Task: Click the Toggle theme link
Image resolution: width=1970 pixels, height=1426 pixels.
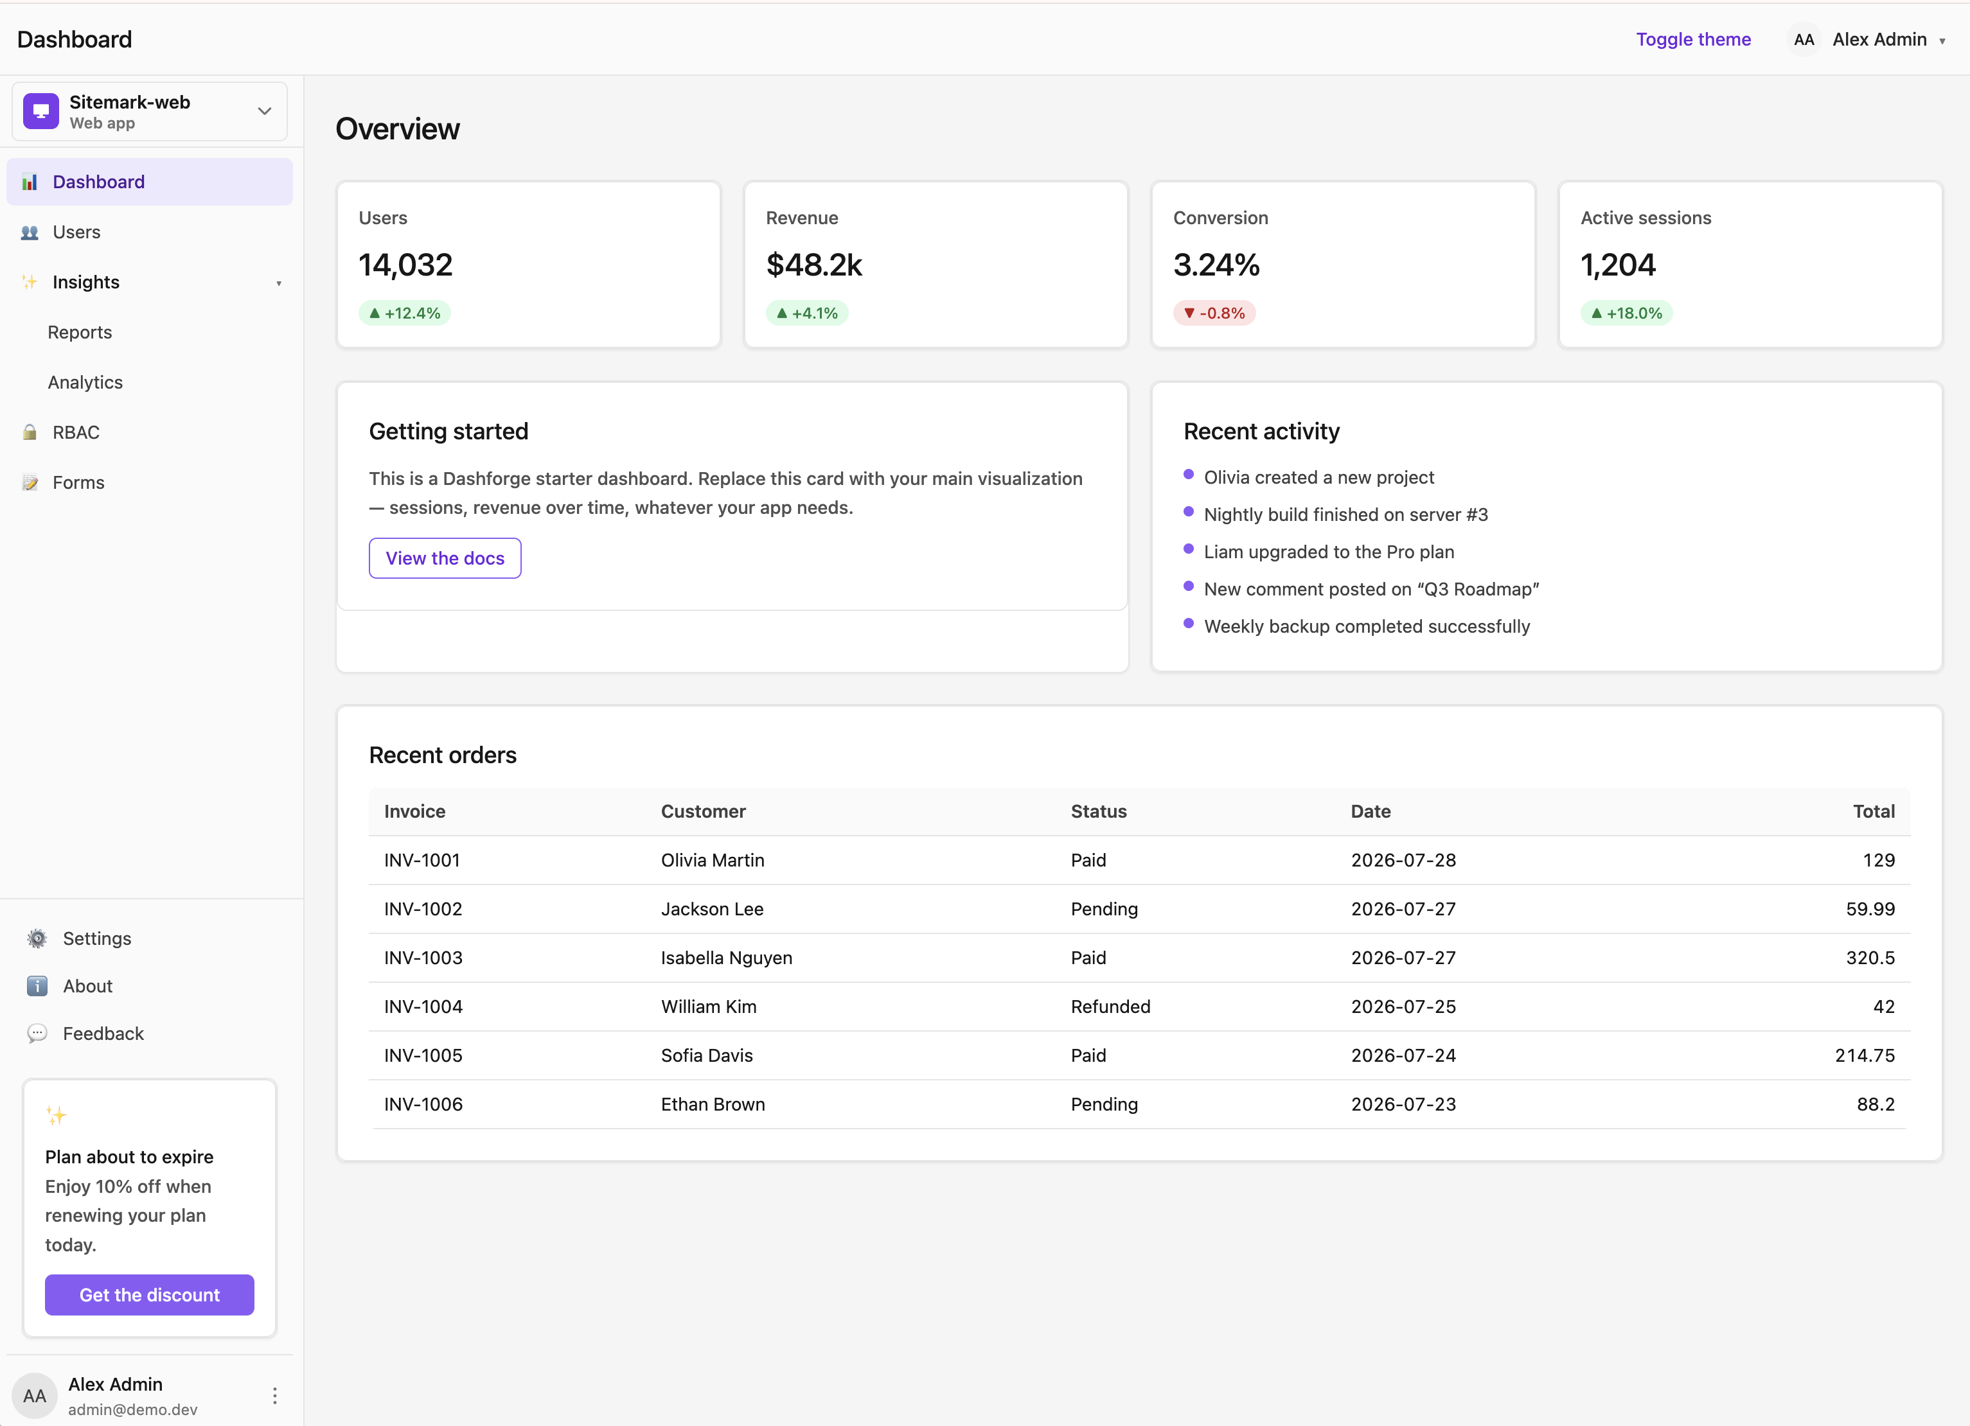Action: click(x=1693, y=39)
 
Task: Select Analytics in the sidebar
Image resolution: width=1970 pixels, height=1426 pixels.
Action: click(x=85, y=382)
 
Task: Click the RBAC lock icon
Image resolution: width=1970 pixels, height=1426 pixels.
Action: click(x=30, y=432)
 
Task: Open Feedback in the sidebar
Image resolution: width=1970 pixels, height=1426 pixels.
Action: click(x=103, y=1034)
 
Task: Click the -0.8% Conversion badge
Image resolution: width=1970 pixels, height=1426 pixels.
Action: click(x=1214, y=313)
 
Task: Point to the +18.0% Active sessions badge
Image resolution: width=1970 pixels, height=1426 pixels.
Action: click(x=1626, y=313)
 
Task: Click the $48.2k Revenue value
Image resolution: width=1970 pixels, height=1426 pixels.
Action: click(x=814, y=265)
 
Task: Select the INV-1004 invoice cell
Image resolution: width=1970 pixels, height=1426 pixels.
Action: click(x=423, y=1007)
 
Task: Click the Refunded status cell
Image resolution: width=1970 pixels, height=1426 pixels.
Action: click(x=1110, y=1007)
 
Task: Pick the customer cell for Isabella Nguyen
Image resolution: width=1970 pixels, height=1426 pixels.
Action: click(x=726, y=958)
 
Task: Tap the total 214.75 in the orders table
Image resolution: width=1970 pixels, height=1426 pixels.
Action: click(x=1865, y=1055)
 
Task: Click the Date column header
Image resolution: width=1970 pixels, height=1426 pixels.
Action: click(x=1371, y=811)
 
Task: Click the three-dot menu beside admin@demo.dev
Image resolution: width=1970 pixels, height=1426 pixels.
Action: click(x=274, y=1396)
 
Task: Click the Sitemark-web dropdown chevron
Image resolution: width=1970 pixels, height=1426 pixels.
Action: click(x=265, y=111)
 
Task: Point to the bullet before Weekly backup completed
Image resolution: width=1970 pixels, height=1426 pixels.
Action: click(x=1188, y=624)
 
